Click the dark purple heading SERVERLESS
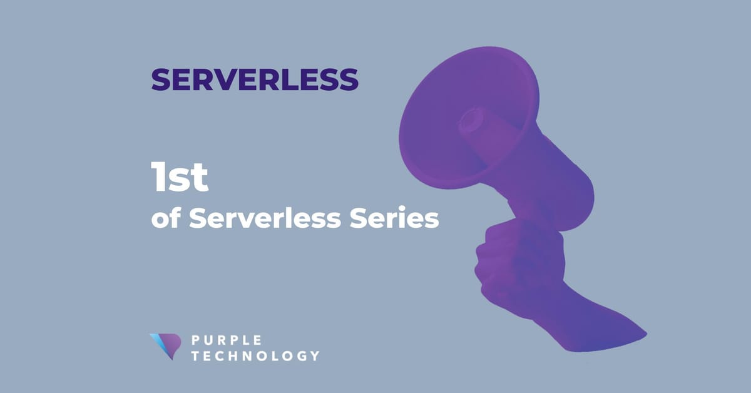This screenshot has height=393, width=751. (255, 79)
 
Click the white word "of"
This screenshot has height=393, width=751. (166, 219)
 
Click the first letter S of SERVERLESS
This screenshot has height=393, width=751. (160, 79)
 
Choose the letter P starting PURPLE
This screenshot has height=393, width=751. (195, 341)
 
